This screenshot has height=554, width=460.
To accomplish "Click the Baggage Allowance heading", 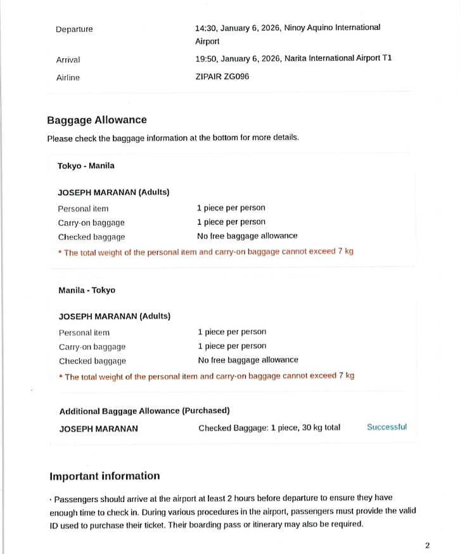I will pos(96,120).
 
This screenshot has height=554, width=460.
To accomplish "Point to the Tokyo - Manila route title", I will pos(86,166).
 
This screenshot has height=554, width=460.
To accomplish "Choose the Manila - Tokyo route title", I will pos(87,290).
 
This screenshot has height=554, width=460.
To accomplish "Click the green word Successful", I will pos(387,427).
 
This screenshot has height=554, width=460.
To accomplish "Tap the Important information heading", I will pos(105,476).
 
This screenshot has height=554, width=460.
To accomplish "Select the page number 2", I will pos(428,545).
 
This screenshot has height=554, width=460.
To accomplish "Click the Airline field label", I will pos(68,77).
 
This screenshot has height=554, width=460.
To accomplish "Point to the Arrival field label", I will pos(68,60).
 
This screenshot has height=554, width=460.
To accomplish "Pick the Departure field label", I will pos(73,29).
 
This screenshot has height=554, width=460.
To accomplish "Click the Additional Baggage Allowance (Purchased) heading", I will pos(144,411).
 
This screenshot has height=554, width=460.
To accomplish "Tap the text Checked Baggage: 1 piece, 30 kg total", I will pos(269,428).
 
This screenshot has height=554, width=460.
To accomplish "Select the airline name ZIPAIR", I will pos(210,77).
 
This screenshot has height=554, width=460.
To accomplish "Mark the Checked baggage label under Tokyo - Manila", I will pos(92,237).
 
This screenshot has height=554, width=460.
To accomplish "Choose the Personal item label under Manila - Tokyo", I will pos(84,333).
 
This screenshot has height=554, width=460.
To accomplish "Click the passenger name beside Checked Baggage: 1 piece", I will pos(98,428).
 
